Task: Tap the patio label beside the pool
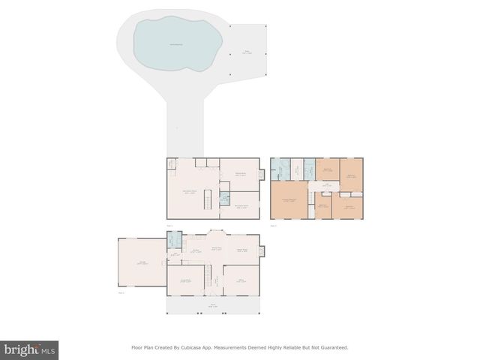247,52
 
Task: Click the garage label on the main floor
142,262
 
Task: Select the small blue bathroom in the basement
224,199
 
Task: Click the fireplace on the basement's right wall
262,175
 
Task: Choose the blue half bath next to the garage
174,240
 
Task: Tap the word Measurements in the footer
240,348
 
